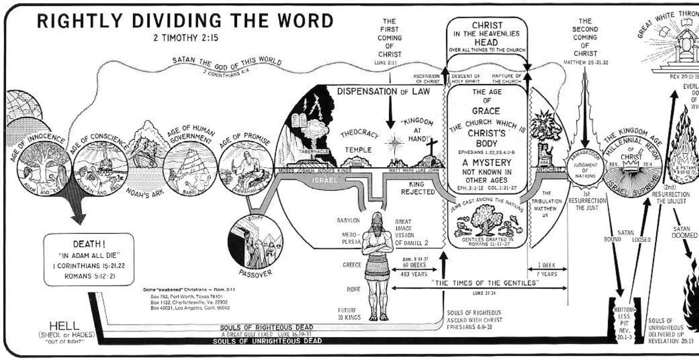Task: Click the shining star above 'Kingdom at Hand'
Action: [x=395, y=143]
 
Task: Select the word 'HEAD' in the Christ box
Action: [x=486, y=42]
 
